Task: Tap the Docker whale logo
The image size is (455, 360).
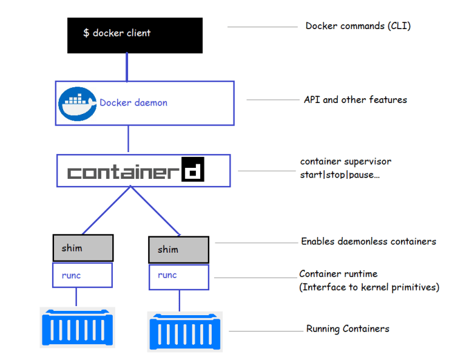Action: point(78,104)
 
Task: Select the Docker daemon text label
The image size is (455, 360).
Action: point(133,103)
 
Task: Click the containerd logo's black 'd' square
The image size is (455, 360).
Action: point(194,170)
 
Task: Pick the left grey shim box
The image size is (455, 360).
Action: point(82,248)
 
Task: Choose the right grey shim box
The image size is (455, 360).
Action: point(178,250)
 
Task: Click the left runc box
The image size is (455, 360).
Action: point(82,275)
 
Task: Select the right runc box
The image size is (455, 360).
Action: point(178,276)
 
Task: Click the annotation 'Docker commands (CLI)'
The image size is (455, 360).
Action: point(358,26)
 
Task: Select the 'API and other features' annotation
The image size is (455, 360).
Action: point(355,99)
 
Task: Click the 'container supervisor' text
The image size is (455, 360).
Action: point(346,162)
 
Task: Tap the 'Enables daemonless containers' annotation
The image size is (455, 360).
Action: point(368,241)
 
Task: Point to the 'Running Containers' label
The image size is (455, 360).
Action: point(348,329)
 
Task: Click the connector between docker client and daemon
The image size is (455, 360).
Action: point(127,67)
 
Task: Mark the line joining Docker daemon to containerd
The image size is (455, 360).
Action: point(128,139)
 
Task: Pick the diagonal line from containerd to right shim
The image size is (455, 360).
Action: point(154,210)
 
